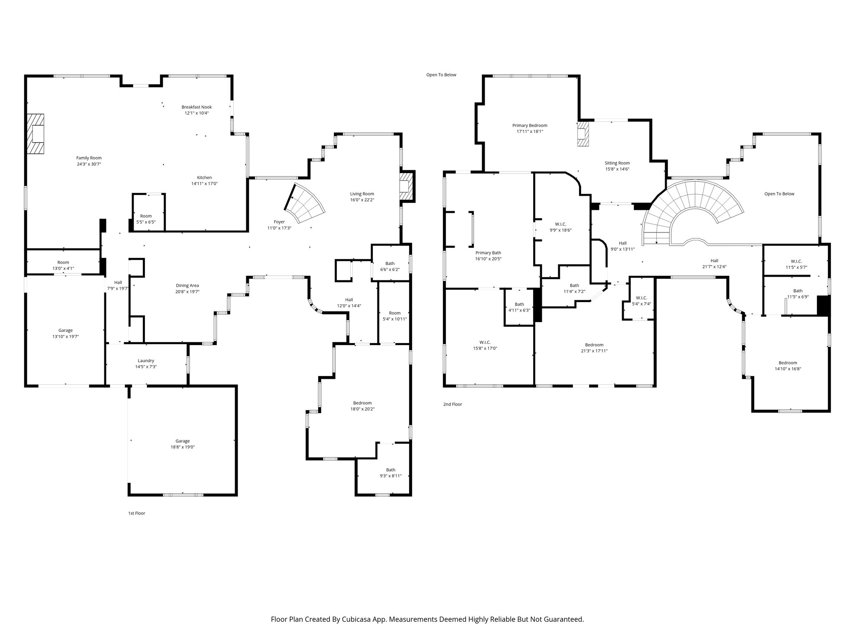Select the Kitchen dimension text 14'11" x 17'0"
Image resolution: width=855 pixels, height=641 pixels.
(205, 184)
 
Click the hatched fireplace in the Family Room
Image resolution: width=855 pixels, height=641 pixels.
(35, 134)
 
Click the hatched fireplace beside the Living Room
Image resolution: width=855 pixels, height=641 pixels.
(405, 186)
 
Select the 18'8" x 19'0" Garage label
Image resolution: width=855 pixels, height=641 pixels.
(182, 444)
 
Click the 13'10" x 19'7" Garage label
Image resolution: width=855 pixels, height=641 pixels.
(66, 333)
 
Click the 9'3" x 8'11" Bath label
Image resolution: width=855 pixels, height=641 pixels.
(390, 473)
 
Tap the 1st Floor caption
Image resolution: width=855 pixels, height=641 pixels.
(137, 513)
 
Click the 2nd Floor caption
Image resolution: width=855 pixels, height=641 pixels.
(453, 404)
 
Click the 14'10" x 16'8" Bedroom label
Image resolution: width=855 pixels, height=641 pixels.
(787, 366)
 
